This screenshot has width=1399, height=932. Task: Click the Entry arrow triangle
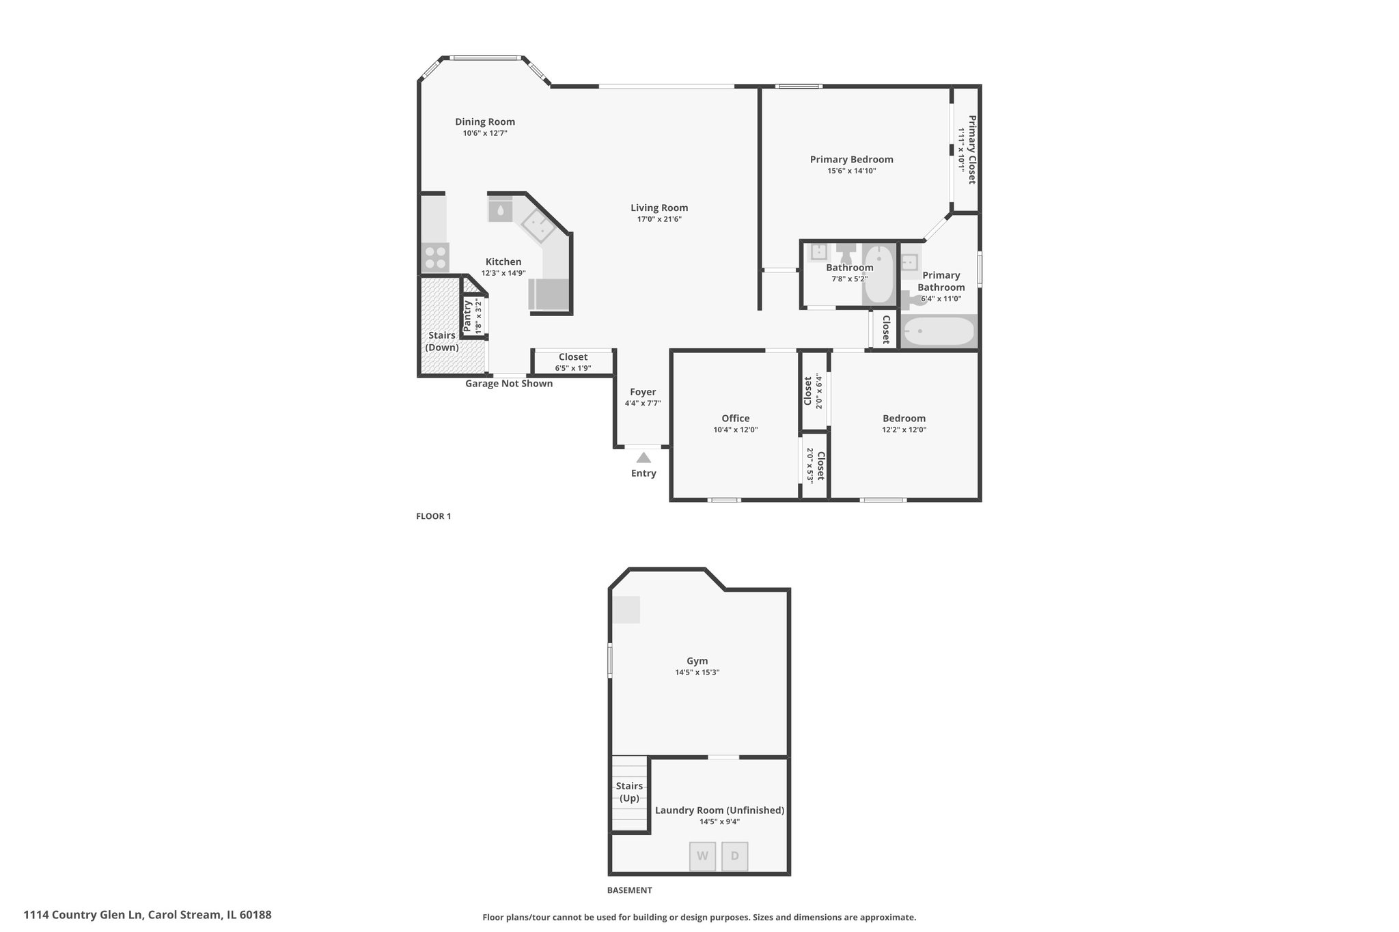(x=643, y=457)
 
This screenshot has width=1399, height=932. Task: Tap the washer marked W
(x=702, y=856)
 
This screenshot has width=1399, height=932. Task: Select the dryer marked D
(x=735, y=856)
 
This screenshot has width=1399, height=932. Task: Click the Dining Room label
(x=485, y=122)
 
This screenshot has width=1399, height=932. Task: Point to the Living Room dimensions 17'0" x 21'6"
(x=659, y=219)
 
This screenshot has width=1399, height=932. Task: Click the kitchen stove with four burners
(x=435, y=258)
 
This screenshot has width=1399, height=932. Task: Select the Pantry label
(x=467, y=317)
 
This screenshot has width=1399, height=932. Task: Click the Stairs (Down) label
(x=442, y=341)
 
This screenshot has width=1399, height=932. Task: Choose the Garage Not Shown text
(x=509, y=384)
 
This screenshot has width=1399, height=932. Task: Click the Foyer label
(x=643, y=392)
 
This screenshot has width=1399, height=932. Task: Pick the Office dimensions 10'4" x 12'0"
(x=736, y=430)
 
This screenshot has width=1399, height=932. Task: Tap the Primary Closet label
(x=972, y=150)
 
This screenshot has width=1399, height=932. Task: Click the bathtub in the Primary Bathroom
(x=939, y=333)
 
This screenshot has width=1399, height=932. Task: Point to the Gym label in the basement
(x=697, y=661)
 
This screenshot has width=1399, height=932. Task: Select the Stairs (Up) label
(x=629, y=792)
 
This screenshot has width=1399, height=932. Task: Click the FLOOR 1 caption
(x=434, y=516)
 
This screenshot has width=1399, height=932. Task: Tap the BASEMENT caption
(x=629, y=890)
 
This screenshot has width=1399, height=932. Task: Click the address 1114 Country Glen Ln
(x=83, y=915)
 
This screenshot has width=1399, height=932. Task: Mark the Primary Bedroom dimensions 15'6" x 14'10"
(x=852, y=171)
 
